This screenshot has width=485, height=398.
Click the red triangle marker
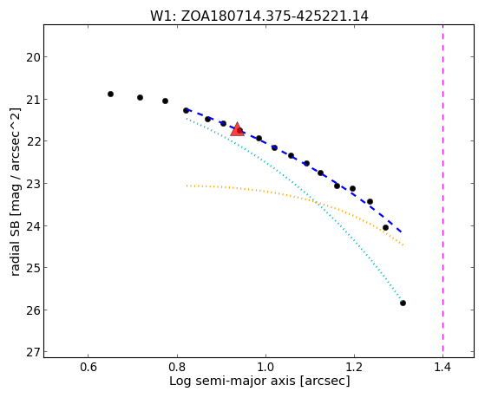point(237,129)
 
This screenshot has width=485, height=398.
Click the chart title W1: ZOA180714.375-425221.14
point(259,16)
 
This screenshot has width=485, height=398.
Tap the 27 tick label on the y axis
point(33,352)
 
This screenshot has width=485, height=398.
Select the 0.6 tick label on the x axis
point(88,367)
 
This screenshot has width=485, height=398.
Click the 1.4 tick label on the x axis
point(443,367)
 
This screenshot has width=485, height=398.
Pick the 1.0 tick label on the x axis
point(265,367)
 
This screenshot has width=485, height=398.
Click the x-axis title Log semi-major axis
point(233,381)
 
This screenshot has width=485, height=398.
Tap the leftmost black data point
point(110,94)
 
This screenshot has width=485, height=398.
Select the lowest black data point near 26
point(403,303)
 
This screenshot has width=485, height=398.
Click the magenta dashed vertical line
point(443,191)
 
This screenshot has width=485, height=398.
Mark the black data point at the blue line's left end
point(186,110)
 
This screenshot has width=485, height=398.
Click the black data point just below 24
point(385,227)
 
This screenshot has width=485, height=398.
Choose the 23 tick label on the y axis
point(33,184)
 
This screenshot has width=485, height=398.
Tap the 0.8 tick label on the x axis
point(177,367)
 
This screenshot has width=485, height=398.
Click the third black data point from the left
point(165,101)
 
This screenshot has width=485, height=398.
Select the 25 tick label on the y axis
point(33,268)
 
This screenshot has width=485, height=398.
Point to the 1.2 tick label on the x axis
point(355,367)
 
